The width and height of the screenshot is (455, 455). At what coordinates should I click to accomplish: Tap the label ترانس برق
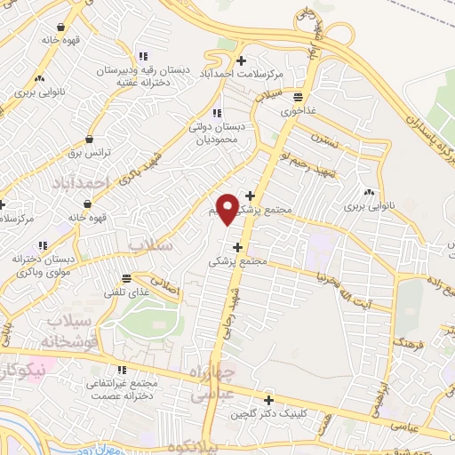point(91,153)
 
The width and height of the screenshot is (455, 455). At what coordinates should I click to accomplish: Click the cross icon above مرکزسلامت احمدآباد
point(252,60)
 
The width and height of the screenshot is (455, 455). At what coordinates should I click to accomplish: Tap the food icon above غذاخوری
point(299,98)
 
